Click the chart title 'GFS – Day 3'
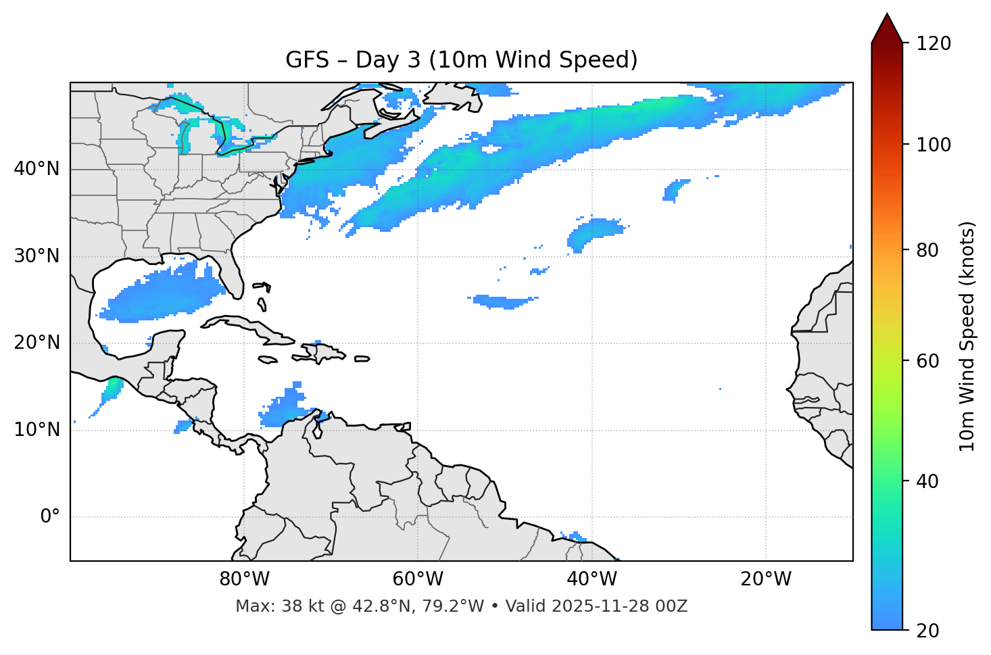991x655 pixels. [x=461, y=60]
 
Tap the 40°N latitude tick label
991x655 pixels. [x=37, y=169]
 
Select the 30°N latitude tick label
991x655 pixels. [x=37, y=256]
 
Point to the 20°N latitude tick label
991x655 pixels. [x=37, y=343]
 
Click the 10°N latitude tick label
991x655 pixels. [x=37, y=430]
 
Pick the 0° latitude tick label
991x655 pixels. [x=50, y=517]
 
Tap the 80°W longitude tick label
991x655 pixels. [x=244, y=579]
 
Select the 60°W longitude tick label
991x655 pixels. [x=418, y=579]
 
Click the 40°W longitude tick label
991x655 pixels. [x=591, y=579]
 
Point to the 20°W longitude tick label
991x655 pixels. [x=765, y=579]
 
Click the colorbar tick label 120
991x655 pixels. [x=934, y=44]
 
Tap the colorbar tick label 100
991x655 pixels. [x=934, y=145]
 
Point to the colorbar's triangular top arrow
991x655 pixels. [x=887, y=29]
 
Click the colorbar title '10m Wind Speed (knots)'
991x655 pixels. [x=967, y=337]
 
